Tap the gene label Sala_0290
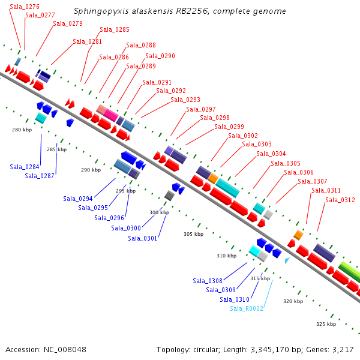pyautogui.click(x=160, y=56)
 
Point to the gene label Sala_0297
pyautogui.click(x=200, y=109)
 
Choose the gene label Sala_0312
pyautogui.click(x=340, y=200)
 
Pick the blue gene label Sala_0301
pyautogui.click(x=143, y=238)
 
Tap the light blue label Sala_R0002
pyautogui.click(x=247, y=308)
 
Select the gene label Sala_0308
pyautogui.click(x=208, y=281)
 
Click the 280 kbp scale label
pyautogui.click(x=21, y=130)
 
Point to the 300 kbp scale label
pyautogui.click(x=159, y=212)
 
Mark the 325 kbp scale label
pyautogui.click(x=325, y=324)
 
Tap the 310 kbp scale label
pyautogui.click(x=226, y=256)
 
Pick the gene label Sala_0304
pyautogui.click(x=271, y=154)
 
